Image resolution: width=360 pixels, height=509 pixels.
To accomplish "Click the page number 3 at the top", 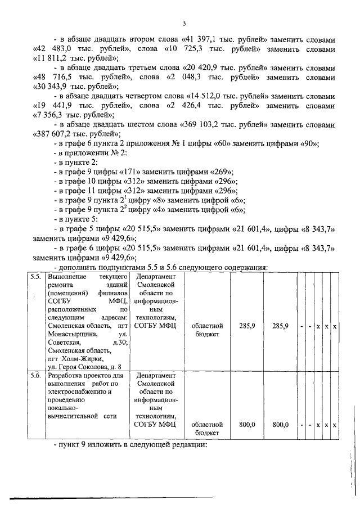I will coord(184,24).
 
